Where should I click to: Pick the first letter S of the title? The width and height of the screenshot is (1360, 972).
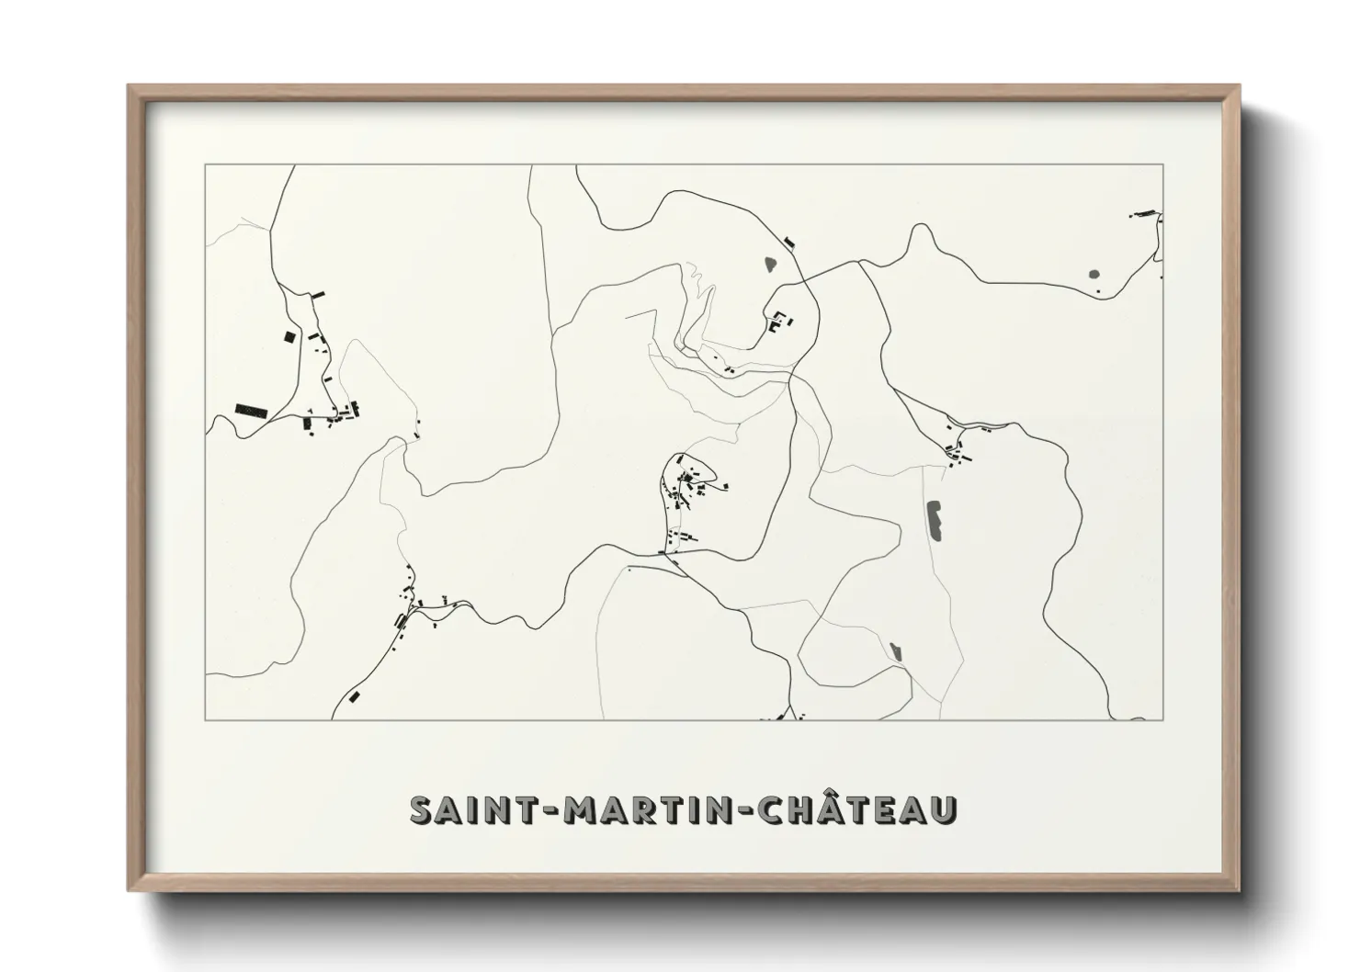tap(422, 809)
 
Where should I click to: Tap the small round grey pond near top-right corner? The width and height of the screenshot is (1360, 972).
tap(1094, 274)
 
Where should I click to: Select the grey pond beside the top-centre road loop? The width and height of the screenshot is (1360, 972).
tap(770, 265)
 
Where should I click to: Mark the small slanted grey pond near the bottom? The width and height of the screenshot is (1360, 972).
tap(896, 650)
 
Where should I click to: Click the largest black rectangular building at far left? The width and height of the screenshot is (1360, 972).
tap(250, 410)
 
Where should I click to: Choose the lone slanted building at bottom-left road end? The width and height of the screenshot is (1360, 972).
tap(355, 696)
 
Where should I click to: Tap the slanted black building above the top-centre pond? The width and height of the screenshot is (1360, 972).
tap(788, 243)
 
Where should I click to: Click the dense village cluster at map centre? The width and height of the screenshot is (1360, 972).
tap(689, 482)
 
